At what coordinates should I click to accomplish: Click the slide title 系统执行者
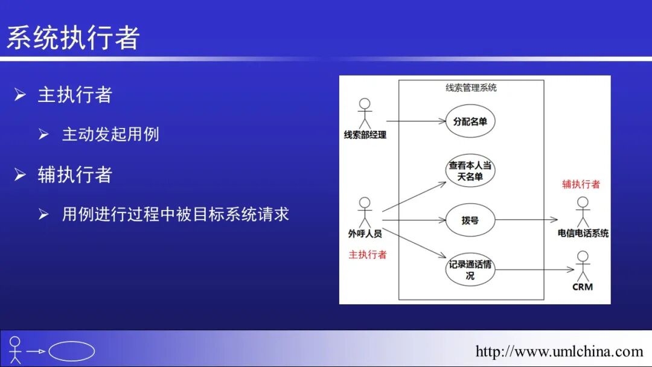tap(73, 38)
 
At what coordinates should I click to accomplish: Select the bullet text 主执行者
tap(74, 95)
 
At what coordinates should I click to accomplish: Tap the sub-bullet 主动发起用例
tap(110, 134)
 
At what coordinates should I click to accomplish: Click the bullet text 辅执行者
tap(74, 175)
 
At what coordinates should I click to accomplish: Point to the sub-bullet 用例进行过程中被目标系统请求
tap(176, 214)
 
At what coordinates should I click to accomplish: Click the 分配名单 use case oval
tap(470, 121)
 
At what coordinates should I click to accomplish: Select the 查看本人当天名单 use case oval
tap(470, 171)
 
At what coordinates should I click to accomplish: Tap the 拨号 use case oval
tap(470, 220)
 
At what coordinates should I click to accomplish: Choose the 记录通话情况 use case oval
tap(470, 270)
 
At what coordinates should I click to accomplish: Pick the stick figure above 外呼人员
tap(365, 212)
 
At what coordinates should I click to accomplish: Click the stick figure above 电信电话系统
tap(583, 211)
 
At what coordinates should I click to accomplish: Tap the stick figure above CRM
tap(583, 266)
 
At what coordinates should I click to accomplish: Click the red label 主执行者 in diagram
tap(368, 255)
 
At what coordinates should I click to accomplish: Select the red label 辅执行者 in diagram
tap(581, 185)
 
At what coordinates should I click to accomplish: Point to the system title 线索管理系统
tap(471, 88)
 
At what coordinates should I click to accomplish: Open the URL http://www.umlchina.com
tap(559, 351)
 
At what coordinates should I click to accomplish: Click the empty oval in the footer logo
tap(71, 351)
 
